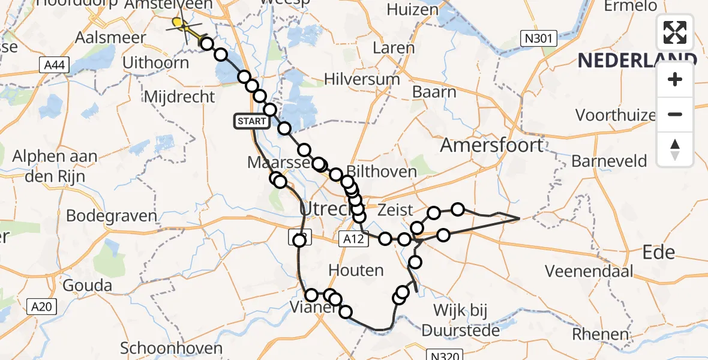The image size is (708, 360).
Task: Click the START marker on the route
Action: (252, 122)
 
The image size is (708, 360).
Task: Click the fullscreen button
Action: (675, 32)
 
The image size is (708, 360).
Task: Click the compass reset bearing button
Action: (675, 149)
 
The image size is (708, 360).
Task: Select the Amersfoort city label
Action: (491, 145)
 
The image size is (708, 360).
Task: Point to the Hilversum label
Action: (362, 79)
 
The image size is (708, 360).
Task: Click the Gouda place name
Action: (88, 284)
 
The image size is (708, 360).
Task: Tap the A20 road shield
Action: (42, 307)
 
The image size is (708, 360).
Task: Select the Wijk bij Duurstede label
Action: (460, 320)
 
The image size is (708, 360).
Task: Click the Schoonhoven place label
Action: (172, 348)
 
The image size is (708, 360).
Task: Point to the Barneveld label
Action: (609, 161)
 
